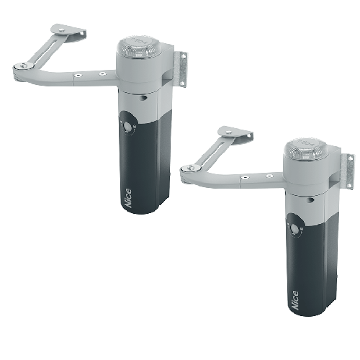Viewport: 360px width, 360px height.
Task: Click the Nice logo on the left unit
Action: (x=128, y=197)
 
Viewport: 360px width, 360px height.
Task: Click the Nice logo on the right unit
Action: (x=295, y=300)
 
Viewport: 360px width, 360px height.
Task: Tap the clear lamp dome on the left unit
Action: (x=138, y=48)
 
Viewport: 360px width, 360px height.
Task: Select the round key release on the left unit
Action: (x=127, y=125)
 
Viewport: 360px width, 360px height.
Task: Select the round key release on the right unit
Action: (x=294, y=228)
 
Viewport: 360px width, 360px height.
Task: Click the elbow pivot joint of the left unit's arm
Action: (x=23, y=66)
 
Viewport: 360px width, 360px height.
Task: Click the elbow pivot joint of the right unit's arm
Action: (x=190, y=168)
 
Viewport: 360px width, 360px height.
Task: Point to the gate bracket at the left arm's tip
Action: (x=68, y=32)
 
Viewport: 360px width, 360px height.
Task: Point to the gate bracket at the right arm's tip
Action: (x=235, y=133)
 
